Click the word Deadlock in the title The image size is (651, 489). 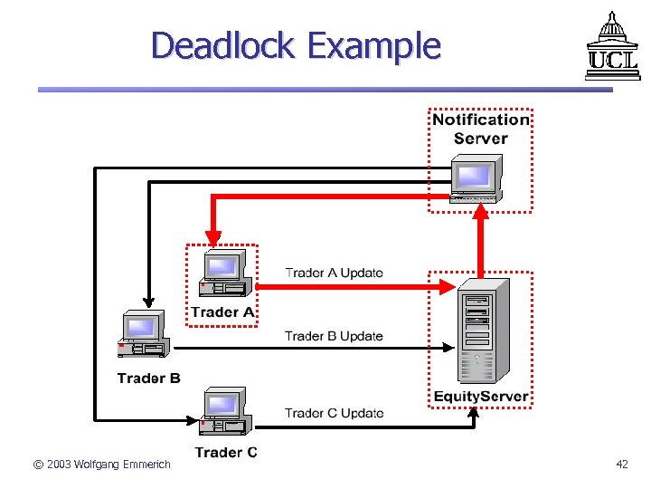point(223,44)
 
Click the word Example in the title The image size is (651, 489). point(373,45)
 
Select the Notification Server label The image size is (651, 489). point(480,129)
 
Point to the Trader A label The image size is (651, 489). point(222,312)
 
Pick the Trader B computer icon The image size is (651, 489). point(143,336)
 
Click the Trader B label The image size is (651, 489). point(148,378)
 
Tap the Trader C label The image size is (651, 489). point(226,452)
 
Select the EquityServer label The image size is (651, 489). point(480,397)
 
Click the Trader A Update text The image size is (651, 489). point(334,273)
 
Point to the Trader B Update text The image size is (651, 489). point(334,336)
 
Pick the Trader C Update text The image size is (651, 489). point(334,413)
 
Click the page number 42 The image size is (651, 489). point(621,465)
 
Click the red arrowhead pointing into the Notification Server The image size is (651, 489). point(481,212)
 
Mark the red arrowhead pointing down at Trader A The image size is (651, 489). point(212,237)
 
